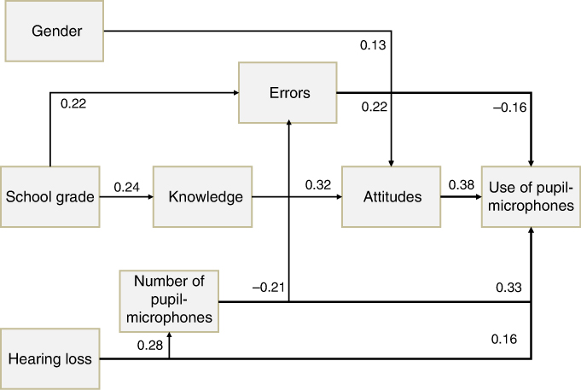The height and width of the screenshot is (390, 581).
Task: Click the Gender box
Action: click(x=54, y=31)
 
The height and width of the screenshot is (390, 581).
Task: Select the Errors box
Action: click(x=288, y=93)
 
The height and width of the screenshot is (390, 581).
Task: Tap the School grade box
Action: click(x=50, y=197)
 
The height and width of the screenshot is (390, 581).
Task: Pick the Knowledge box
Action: click(x=203, y=197)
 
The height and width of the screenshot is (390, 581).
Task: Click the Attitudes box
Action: click(x=392, y=197)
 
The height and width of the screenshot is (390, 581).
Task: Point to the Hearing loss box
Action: click(x=50, y=359)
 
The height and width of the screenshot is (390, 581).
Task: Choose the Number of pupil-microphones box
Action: click(x=169, y=301)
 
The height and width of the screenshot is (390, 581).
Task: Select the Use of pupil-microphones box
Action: click(x=531, y=197)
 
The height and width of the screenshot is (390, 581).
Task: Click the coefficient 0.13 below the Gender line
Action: click(x=373, y=45)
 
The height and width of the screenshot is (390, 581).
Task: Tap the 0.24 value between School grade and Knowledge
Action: click(x=127, y=187)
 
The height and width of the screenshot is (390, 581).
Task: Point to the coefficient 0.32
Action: click(x=318, y=185)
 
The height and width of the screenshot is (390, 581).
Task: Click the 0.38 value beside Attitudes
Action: click(x=462, y=184)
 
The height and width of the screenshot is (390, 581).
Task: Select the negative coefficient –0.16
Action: click(x=510, y=108)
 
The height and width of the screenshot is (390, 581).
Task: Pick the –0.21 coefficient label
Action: click(x=269, y=288)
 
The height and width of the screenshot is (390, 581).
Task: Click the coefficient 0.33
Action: click(x=508, y=288)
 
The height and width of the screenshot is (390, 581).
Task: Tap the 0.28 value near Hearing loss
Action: click(x=150, y=345)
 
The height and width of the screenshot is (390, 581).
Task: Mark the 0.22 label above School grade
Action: click(x=73, y=104)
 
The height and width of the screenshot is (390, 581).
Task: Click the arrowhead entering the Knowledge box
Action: click(x=150, y=197)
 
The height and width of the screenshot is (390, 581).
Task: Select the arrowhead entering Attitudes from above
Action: click(x=392, y=164)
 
